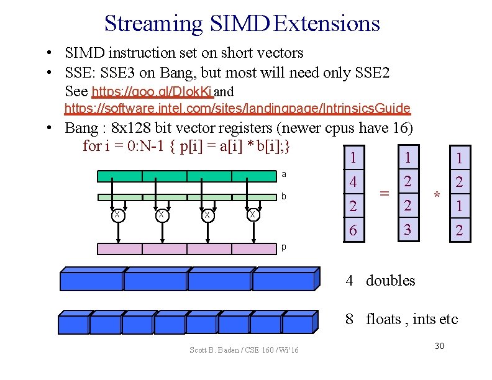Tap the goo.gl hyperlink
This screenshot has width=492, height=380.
tap(152, 92)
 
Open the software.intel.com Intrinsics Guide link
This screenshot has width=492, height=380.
tap(237, 109)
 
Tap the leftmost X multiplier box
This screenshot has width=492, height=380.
tap(117, 215)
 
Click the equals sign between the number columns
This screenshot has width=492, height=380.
tap(385, 194)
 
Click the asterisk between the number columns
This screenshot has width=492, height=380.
tap(437, 196)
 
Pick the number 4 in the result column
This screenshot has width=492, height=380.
tap(353, 183)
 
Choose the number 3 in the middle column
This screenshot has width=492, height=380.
tap(408, 229)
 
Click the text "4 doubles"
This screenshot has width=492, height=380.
tap(380, 281)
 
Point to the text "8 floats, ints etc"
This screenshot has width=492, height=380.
tap(402, 319)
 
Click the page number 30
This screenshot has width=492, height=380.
tap(439, 345)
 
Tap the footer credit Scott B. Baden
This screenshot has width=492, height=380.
tap(244, 351)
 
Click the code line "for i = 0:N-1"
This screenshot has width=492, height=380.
tap(186, 146)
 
